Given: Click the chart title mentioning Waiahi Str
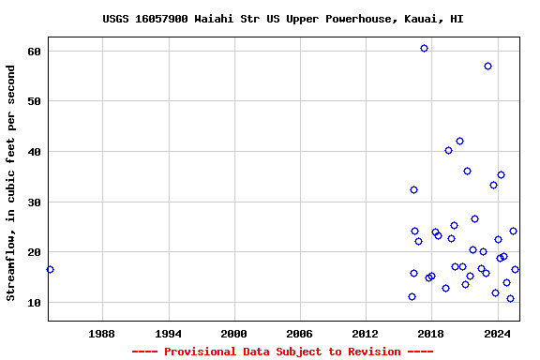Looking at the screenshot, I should pyautogui.click(x=282, y=19).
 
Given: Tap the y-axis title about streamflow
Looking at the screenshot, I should pyautogui.click(x=11, y=183).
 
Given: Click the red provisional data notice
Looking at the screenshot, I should pyautogui.click(x=282, y=352).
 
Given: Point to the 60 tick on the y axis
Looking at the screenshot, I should pyautogui.click(x=33, y=51).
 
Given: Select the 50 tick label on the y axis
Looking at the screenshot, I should pyautogui.click(x=33, y=101).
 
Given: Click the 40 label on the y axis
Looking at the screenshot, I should pyautogui.click(x=33, y=152).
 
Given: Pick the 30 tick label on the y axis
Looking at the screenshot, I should pyautogui.click(x=33, y=202).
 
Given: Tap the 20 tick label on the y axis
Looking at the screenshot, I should pyautogui.click(x=33, y=253).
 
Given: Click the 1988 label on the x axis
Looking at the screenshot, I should pyautogui.click(x=102, y=334).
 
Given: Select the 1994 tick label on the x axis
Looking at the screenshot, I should pyautogui.click(x=168, y=334).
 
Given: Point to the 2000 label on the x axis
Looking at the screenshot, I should pyautogui.click(x=233, y=334).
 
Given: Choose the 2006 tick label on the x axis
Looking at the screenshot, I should pyautogui.click(x=299, y=334).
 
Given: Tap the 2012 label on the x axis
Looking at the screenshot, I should pyautogui.click(x=365, y=334).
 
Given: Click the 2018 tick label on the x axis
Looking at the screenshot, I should pyautogui.click(x=430, y=334).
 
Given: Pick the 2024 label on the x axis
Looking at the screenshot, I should pyautogui.click(x=496, y=334).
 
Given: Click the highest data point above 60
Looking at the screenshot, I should pyautogui.click(x=424, y=48).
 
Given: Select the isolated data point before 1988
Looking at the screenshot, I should pyautogui.click(x=50, y=269).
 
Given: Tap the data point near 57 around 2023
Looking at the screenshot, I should pyautogui.click(x=487, y=66).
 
